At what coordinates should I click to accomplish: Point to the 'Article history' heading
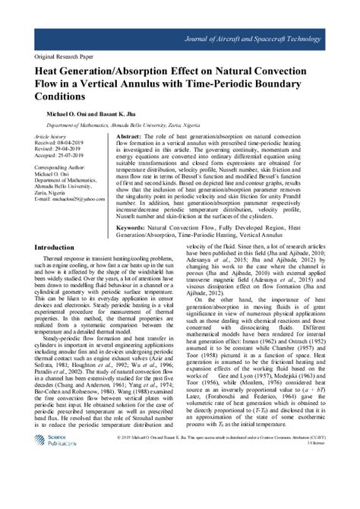[51, 134]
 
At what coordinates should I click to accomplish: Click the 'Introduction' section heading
[61, 226]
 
